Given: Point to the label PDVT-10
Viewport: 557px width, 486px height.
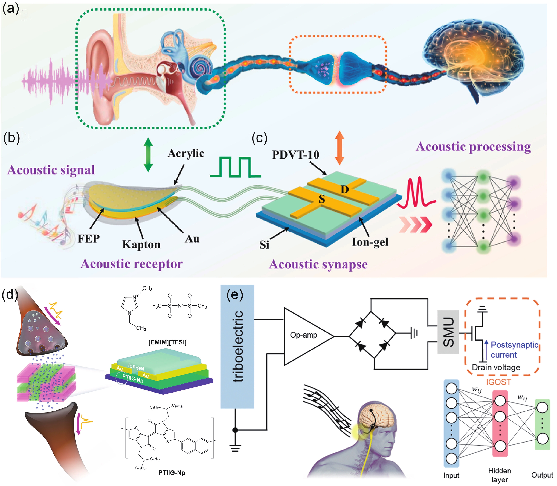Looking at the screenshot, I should coord(296,155).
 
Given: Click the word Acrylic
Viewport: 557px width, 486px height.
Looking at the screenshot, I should coord(186,154).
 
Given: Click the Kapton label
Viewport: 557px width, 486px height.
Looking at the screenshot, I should coord(141,244).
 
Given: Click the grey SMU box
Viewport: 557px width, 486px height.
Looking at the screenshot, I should coord(448,332).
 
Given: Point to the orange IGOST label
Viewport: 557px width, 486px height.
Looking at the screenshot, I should coord(498,382).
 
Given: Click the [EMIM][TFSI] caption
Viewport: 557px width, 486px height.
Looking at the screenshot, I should coord(167,342).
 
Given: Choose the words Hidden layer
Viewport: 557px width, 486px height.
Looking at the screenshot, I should coord(500,475).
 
